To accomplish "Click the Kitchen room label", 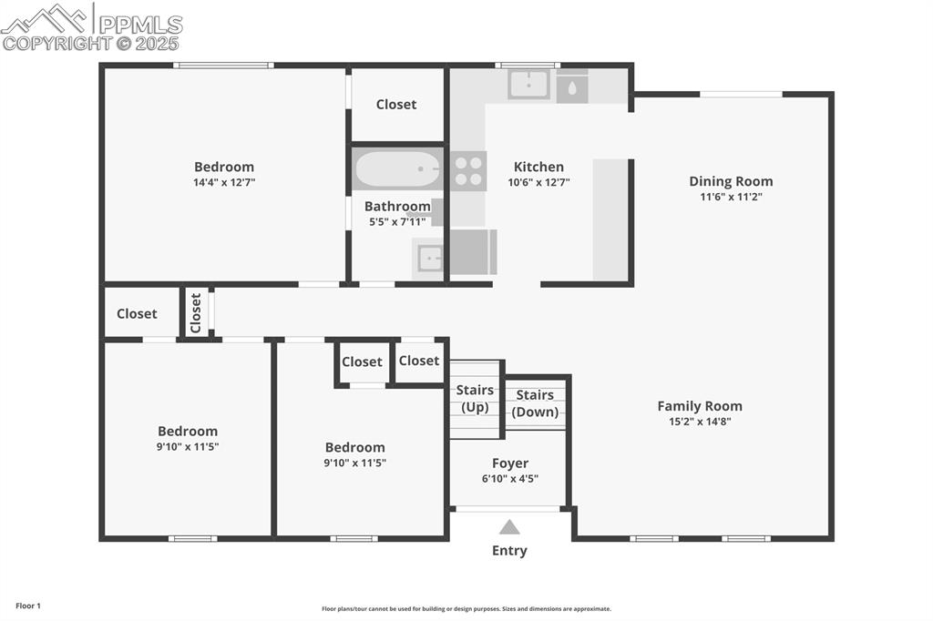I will [538, 167].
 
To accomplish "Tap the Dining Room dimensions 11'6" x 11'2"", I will [731, 197].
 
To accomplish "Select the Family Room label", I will [700, 406].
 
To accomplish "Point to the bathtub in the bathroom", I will [396, 169].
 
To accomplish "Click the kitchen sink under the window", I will [528, 85].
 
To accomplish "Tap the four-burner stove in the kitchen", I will [469, 171].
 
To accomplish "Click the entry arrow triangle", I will [509, 526].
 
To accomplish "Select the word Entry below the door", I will [509, 550].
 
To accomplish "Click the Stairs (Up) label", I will [475, 398].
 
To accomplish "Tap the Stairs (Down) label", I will [535, 403].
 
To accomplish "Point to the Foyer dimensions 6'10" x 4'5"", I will [509, 479].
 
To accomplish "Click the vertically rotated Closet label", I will [196, 312].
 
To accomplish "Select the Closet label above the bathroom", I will [396, 105].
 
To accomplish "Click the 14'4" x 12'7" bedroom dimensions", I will [224, 182].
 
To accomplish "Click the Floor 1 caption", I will [28, 606].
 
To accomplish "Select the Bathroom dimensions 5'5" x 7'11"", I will [396, 221].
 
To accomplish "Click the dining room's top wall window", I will [741, 94].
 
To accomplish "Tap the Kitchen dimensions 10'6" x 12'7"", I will [538, 182].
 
